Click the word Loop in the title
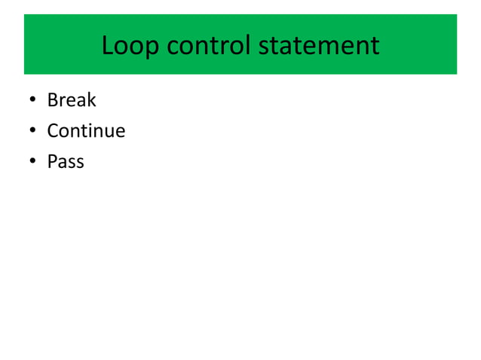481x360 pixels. (130, 46)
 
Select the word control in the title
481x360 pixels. (208, 46)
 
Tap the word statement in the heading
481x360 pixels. (319, 46)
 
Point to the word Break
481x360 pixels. (72, 100)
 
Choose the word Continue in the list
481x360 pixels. (86, 131)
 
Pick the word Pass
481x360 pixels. (66, 162)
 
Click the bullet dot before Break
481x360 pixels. (32, 101)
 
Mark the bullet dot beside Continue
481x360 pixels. (32, 132)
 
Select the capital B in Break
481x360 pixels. (52, 100)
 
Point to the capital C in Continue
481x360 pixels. (53, 131)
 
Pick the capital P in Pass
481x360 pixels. (52, 162)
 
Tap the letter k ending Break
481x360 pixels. (92, 100)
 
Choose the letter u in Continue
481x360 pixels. (109, 133)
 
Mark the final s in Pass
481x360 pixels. (80, 163)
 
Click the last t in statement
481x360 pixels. (375, 47)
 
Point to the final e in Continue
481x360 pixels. (121, 133)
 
